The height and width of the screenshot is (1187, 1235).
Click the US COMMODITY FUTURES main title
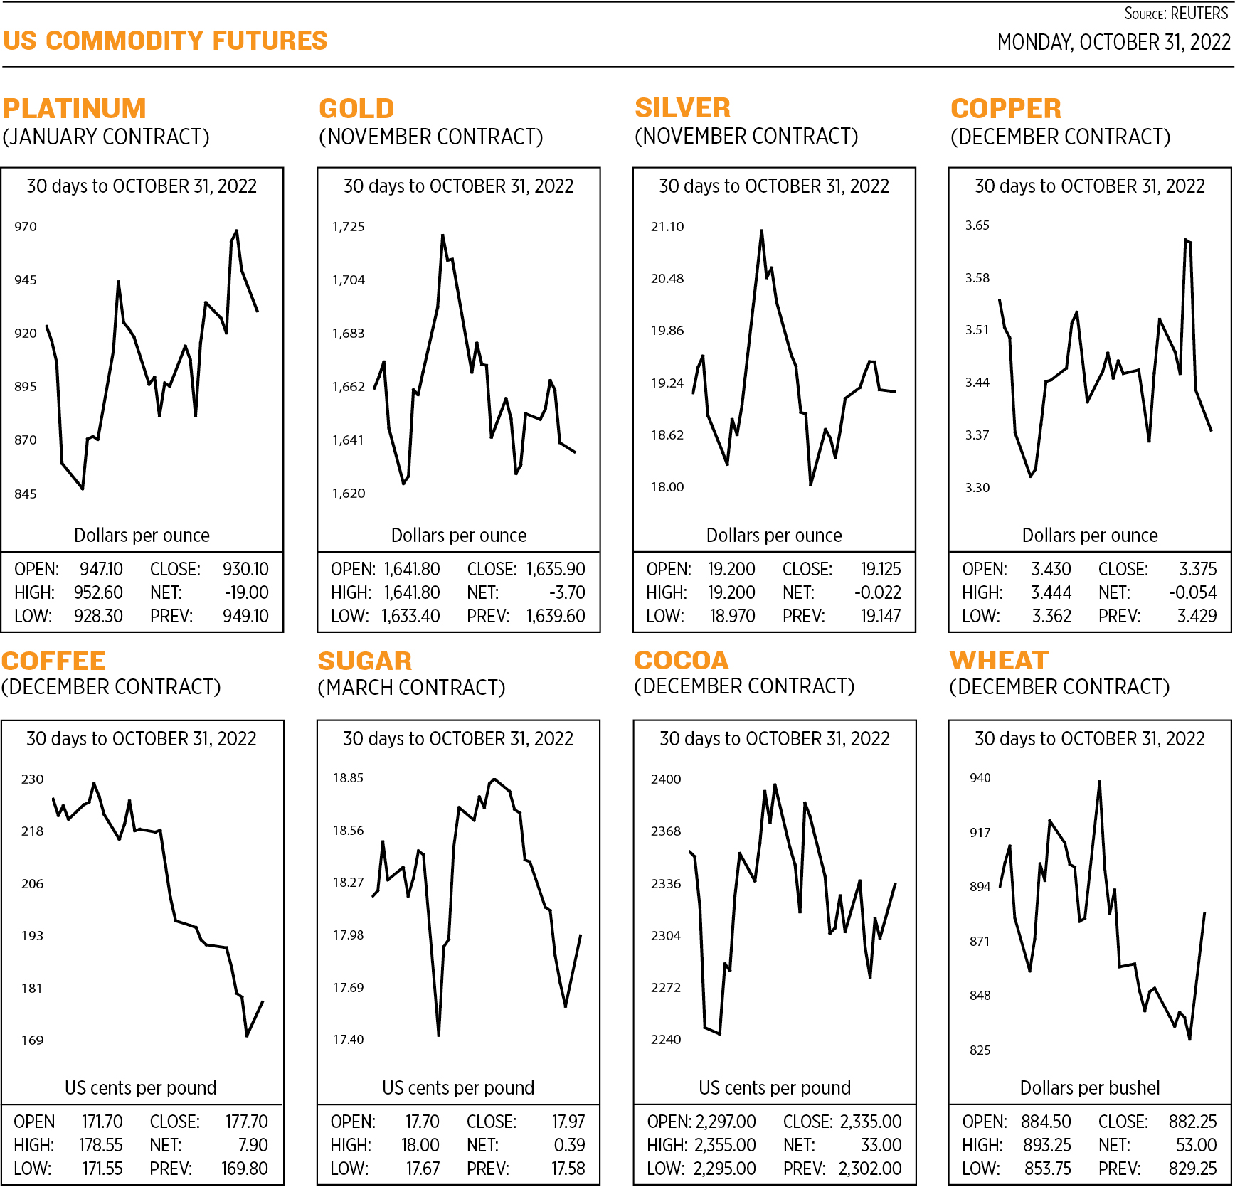[x=165, y=41]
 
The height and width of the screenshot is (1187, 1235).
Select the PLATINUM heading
[x=75, y=108]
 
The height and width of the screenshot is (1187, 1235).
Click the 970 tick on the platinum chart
[x=26, y=226]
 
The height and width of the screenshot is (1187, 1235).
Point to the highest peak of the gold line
[x=442, y=235]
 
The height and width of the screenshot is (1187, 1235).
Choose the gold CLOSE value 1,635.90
[x=556, y=569]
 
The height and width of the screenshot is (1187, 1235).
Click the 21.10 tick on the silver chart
[x=667, y=226]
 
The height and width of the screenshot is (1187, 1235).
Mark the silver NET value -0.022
[x=877, y=592]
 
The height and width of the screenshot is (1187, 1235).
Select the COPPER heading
[x=1006, y=108]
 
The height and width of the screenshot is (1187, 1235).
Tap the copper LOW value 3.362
[x=1051, y=616]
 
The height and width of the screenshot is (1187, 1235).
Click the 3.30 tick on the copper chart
[x=977, y=487]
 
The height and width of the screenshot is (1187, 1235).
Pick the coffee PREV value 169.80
[x=244, y=1169]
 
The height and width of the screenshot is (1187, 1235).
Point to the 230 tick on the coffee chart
[x=33, y=779]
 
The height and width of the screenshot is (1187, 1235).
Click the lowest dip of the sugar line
[x=439, y=1035]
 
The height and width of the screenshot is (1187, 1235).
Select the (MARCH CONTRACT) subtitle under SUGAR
[x=412, y=687]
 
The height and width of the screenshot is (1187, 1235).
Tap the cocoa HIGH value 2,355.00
[x=725, y=1145]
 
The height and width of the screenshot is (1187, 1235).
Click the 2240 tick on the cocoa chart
[x=666, y=1039]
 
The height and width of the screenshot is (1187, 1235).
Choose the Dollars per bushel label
[x=1089, y=1087]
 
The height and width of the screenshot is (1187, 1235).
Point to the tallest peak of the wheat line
[x=1100, y=782]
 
